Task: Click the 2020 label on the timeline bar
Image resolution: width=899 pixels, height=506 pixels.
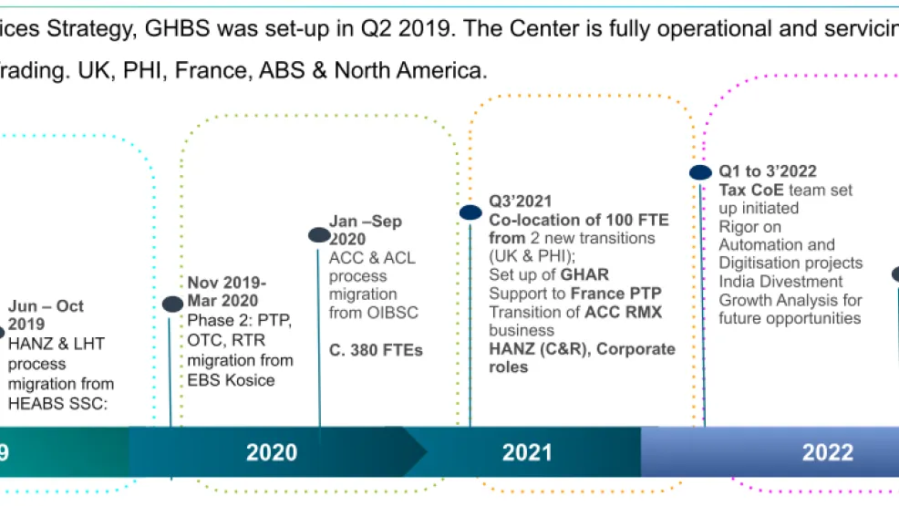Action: coord(272,452)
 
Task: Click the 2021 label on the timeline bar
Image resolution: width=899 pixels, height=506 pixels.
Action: coord(526,452)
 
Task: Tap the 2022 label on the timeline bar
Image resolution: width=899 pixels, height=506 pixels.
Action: coord(827,452)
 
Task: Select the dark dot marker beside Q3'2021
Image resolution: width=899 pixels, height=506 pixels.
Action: coord(470,212)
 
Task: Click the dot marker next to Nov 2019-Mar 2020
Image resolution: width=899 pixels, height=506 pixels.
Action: coord(172,305)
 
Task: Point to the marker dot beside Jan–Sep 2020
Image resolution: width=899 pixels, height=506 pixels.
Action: coord(319,235)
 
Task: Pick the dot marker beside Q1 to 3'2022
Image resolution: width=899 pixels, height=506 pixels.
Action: coord(700,172)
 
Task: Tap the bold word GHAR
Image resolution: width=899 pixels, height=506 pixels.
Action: coord(585,274)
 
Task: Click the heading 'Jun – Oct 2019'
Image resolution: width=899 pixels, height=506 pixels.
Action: coord(46,315)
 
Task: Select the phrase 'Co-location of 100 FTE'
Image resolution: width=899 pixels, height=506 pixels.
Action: coord(578,220)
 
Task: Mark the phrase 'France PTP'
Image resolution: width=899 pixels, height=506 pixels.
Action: coord(617,293)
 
